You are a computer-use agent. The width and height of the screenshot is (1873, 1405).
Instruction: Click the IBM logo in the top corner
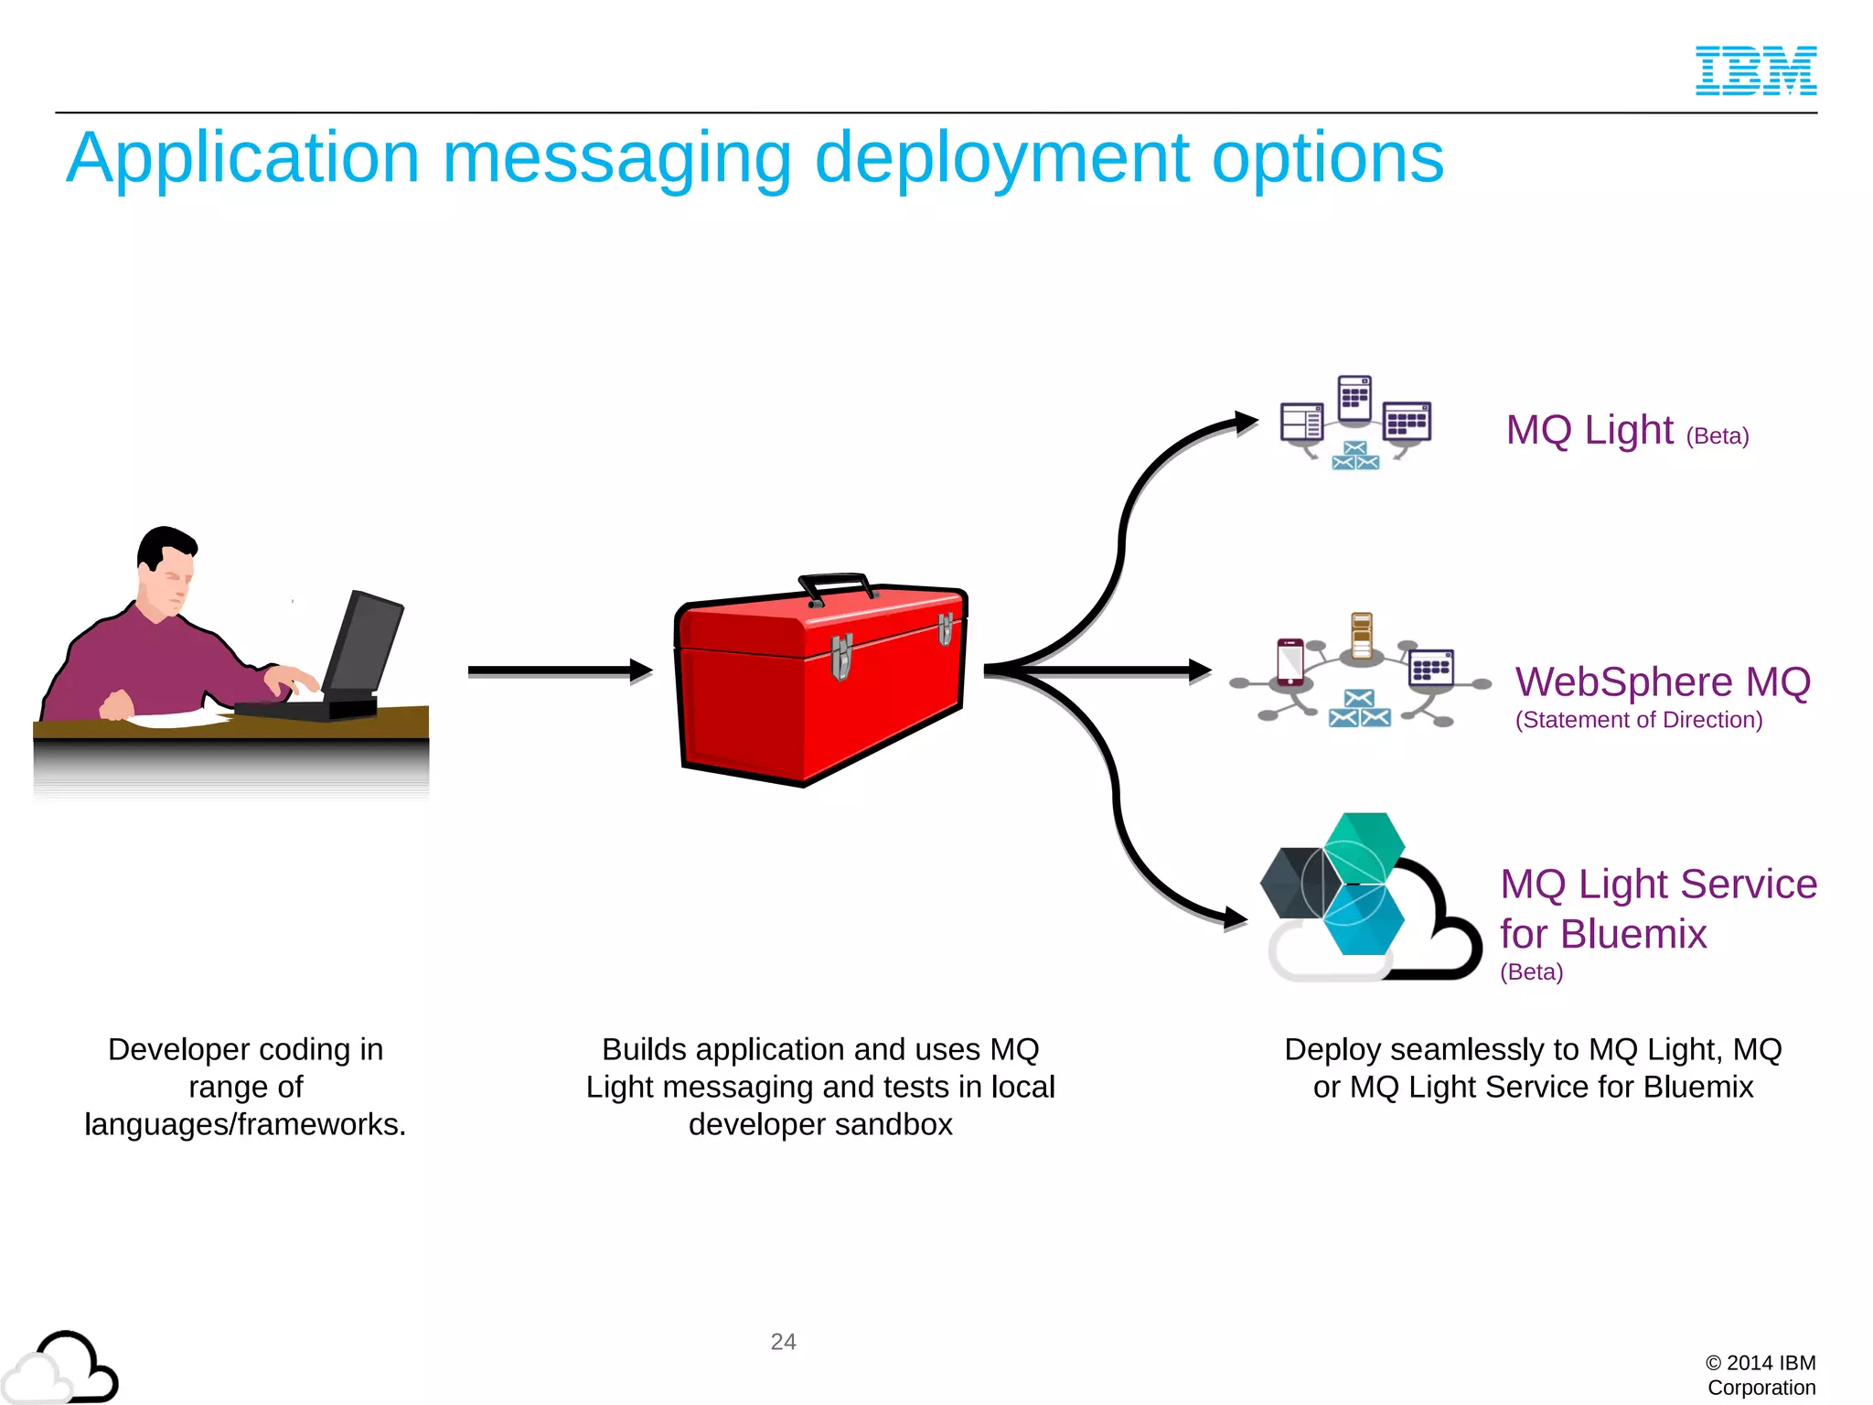pyautogui.click(x=1755, y=70)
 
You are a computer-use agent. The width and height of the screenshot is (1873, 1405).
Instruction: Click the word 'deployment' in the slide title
pyautogui.click(x=1001, y=159)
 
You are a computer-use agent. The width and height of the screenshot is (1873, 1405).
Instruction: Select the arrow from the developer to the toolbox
pyautogui.click(x=558, y=671)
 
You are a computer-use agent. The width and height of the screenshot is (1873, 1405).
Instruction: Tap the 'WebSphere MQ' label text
pyautogui.click(x=1662, y=682)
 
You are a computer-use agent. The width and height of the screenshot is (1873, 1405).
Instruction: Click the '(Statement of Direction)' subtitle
pyautogui.click(x=1638, y=720)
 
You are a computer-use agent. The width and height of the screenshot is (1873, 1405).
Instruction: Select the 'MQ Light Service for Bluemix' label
pyautogui.click(x=1657, y=908)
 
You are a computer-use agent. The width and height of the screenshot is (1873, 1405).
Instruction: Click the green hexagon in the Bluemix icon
pyautogui.click(x=1365, y=847)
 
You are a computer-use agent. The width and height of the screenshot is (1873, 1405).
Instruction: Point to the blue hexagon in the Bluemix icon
pyautogui.click(x=1363, y=920)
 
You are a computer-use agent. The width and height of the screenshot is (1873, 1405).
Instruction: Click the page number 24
pyautogui.click(x=783, y=1342)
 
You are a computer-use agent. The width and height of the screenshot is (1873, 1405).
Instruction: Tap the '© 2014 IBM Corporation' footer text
pyautogui.click(x=1761, y=1375)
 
